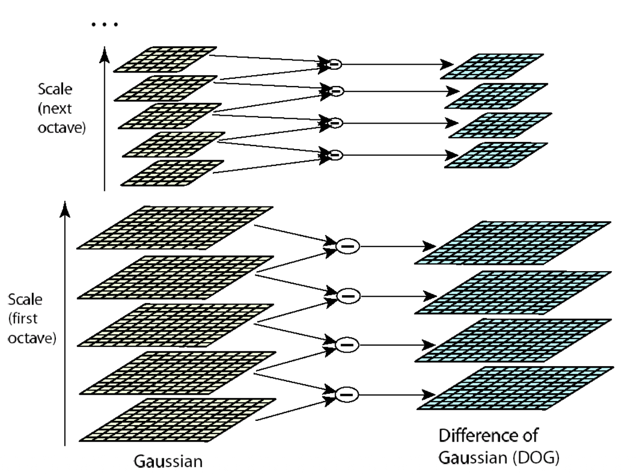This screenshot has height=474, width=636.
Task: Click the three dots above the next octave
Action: [x=105, y=25]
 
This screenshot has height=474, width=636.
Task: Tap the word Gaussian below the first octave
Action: [x=168, y=461]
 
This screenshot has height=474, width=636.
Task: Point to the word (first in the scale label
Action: [x=23, y=319]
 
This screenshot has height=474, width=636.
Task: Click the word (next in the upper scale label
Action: [x=55, y=108]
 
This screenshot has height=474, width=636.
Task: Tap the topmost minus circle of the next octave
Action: [x=334, y=64]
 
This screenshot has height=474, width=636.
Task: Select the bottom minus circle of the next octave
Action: [x=335, y=155]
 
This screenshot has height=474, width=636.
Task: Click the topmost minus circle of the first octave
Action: [x=348, y=246]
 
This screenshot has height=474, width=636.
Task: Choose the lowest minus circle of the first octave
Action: [x=347, y=395]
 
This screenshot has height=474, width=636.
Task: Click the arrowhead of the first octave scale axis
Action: [x=65, y=209]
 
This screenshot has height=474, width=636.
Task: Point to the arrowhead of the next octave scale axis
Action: [x=104, y=55]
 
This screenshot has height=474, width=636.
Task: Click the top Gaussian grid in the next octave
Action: [x=165, y=59]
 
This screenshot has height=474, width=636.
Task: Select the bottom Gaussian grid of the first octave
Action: [x=177, y=420]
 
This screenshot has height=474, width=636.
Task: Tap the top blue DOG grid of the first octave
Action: [x=512, y=243]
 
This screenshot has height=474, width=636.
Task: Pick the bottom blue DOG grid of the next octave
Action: [x=496, y=155]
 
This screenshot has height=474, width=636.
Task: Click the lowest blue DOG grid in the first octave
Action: [x=515, y=388]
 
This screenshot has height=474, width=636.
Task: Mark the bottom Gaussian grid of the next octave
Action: [x=172, y=173]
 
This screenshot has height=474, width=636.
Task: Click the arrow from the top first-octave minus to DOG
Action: [x=398, y=246]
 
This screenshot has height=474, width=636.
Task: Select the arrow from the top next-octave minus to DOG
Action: [x=398, y=64]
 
